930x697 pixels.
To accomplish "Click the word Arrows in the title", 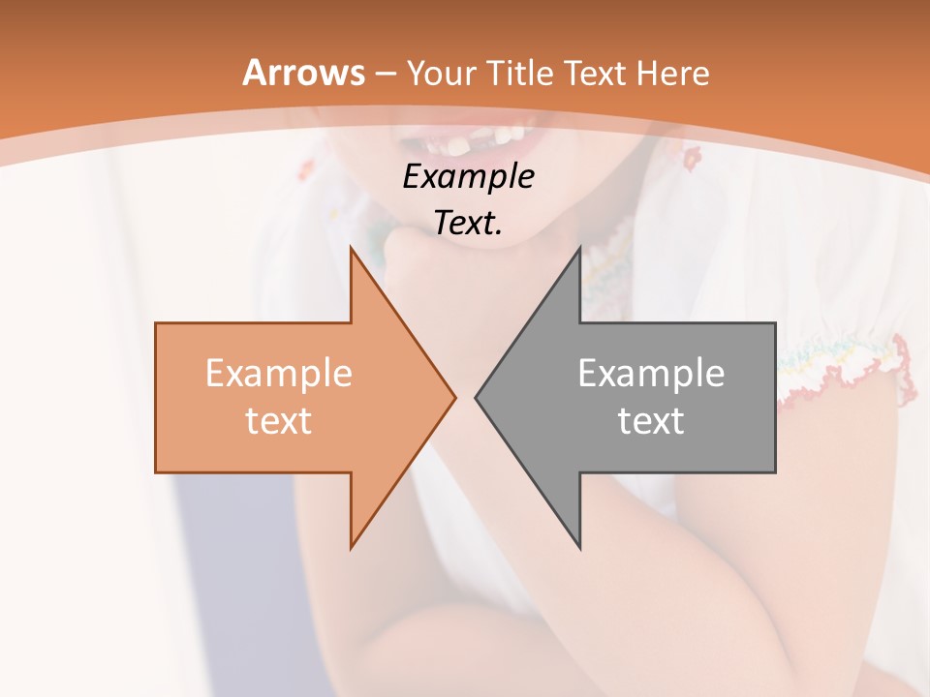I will [303, 73].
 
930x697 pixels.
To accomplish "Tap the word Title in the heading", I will [520, 74].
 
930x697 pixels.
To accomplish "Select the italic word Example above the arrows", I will [468, 177].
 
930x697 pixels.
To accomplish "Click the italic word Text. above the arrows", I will [468, 224].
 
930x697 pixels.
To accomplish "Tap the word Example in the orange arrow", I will [278, 374].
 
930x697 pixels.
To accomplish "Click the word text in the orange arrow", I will [278, 421].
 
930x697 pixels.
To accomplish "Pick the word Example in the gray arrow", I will [651, 374].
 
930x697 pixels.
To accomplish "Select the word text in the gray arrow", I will [651, 421].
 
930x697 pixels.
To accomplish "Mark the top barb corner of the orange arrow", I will [351, 249].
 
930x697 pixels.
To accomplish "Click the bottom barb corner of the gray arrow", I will [579, 547].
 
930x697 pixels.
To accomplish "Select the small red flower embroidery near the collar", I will [691, 155].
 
